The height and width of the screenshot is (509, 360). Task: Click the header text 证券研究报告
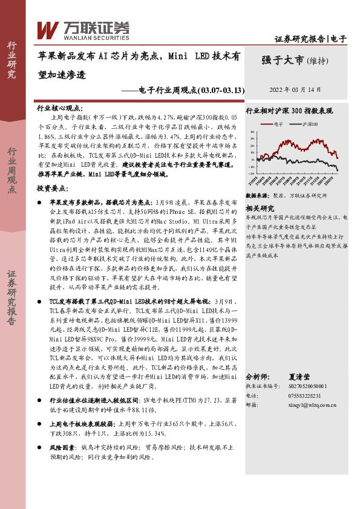click(299, 39)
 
